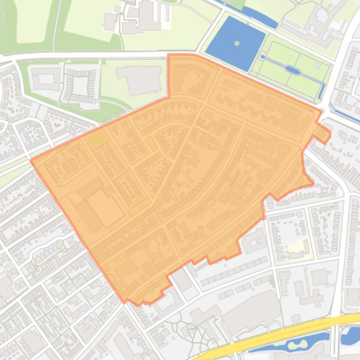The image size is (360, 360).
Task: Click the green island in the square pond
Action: coord(237,43)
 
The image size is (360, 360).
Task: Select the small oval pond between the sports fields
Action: coord(293,70)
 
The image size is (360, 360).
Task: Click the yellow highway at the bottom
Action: coord(281,333)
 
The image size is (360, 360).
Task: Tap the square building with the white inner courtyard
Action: coord(46,78)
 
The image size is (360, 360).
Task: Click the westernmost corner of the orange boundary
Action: coord(31,160)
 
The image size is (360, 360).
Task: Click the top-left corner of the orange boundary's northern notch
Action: coord(168,55)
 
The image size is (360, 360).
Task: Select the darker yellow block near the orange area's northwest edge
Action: coord(96,139)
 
